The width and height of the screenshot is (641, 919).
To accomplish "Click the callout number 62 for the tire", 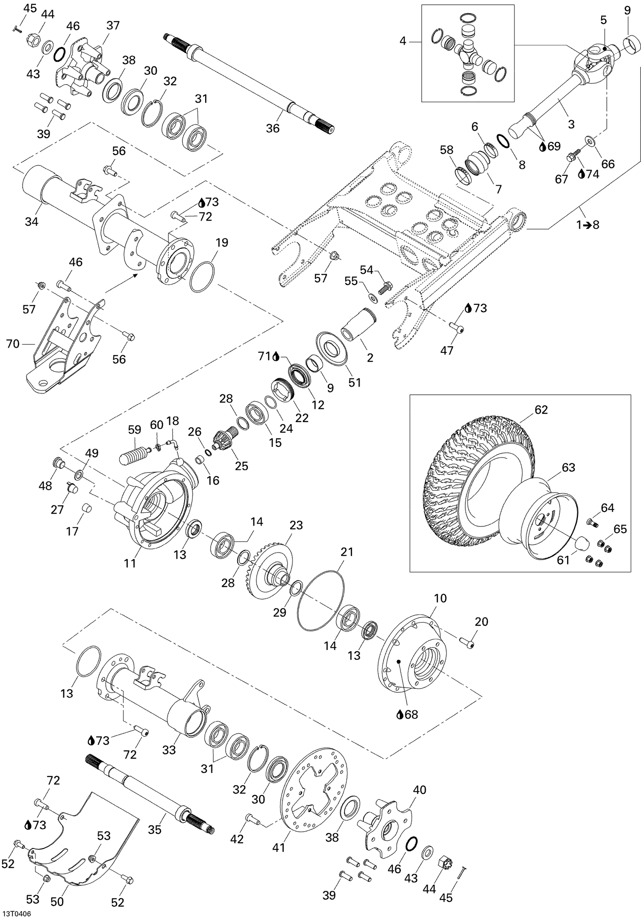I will [x=541, y=409].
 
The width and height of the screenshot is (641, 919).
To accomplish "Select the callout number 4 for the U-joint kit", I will [x=403, y=41].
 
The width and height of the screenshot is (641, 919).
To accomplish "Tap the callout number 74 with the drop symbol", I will [x=593, y=174].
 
